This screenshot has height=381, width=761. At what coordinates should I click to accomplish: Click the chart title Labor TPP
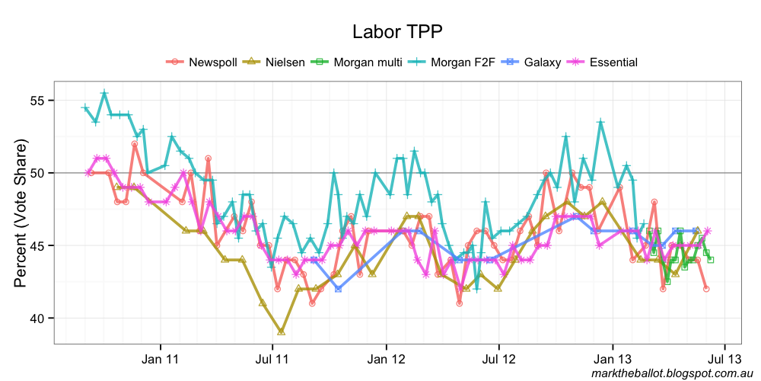[x=397, y=31]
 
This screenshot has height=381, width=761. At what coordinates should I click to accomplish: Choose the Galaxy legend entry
[x=543, y=62]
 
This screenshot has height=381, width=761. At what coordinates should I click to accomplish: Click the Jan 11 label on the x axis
[x=161, y=357]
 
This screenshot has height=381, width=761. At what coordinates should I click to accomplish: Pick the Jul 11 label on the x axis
[x=272, y=357]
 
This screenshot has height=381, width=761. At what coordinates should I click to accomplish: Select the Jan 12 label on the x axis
[x=386, y=357]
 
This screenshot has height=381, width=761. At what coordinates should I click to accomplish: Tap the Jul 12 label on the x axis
[x=498, y=357]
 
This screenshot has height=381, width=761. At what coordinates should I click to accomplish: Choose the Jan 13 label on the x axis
[x=612, y=357]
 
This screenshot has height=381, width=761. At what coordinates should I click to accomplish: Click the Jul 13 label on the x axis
[x=723, y=357]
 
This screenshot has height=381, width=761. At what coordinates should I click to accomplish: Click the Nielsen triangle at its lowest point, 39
[x=282, y=331]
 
